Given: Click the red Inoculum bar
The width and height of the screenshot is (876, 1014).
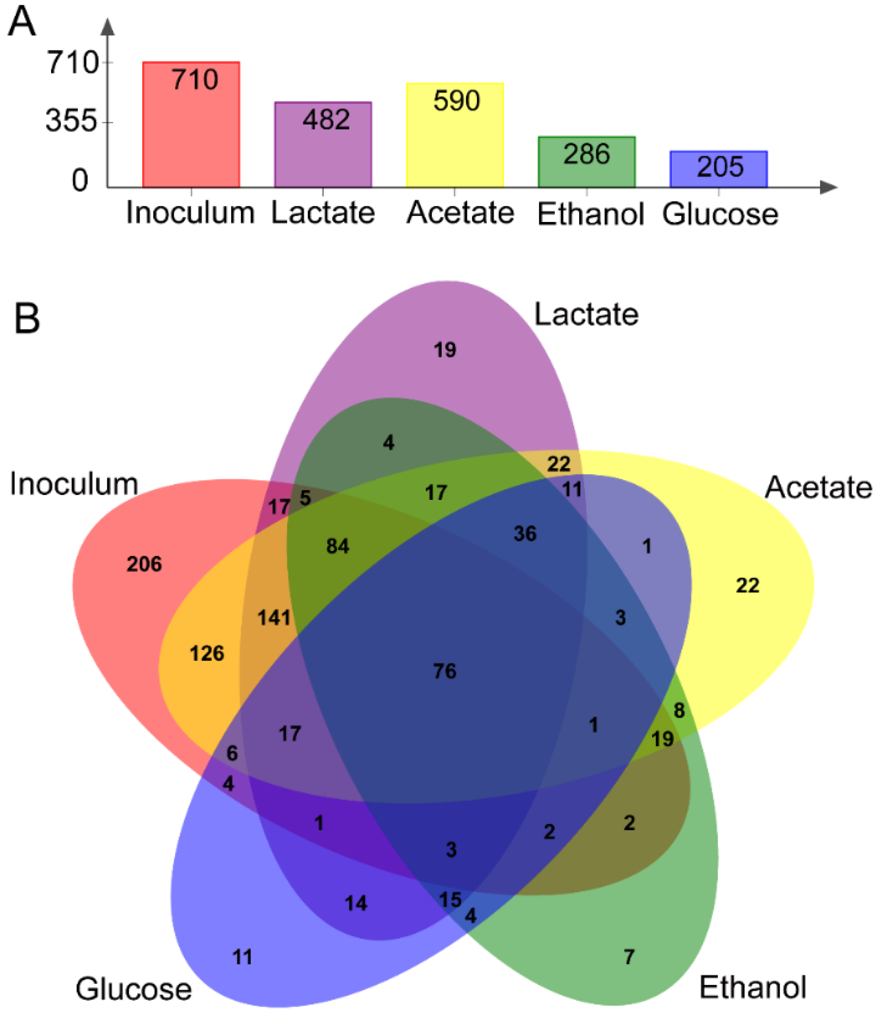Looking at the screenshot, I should coord(191,124).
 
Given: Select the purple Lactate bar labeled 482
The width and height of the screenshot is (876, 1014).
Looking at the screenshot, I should coord(323,144).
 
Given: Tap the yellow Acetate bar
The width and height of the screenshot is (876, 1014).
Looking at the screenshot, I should coord(454,135).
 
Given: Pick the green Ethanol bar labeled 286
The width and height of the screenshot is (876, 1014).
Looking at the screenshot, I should coord(587,161).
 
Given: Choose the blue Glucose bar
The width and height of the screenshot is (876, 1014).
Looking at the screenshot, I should coord(718,169).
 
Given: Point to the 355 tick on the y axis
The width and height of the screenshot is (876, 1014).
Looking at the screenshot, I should coord(72,121).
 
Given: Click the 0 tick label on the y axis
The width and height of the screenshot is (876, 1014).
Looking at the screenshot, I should coord(80,180).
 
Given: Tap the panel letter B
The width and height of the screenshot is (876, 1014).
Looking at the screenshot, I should coord(27,318).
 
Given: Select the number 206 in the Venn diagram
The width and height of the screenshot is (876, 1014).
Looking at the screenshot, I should coord(144,564).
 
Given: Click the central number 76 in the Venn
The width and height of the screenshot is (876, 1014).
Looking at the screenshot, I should coord(444,671).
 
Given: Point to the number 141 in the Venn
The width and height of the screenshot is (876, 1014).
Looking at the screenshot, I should coord(274,618).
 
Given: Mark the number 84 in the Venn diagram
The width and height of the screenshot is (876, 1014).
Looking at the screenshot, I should coord(338,546).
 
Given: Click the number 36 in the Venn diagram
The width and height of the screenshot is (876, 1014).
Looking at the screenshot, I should coord(525,534).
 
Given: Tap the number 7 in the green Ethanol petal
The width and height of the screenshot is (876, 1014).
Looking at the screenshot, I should coord(629,957).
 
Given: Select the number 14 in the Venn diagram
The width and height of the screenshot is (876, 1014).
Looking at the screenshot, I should coord(356,903).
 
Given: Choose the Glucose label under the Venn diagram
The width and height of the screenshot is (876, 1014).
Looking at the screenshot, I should coord(133,989).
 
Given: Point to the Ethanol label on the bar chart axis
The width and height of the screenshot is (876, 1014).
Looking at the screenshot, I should coord(590,214).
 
